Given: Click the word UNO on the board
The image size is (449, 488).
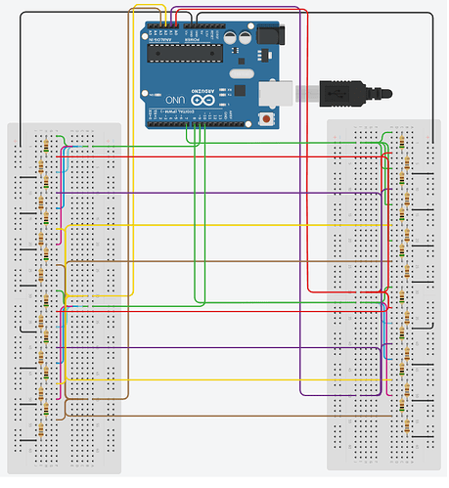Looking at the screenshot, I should [174, 100].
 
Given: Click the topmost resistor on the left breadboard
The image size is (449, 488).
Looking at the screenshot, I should [41, 144].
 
